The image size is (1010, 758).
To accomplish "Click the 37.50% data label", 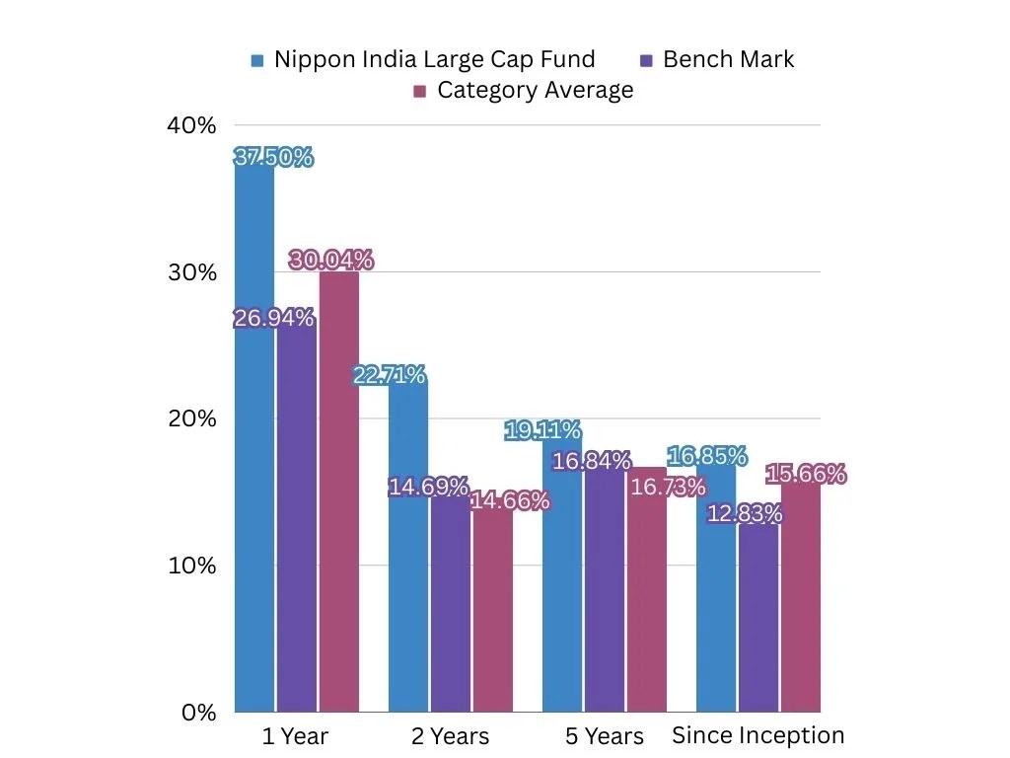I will tap(273, 157).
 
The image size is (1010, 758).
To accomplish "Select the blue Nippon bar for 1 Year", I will tap(254, 444).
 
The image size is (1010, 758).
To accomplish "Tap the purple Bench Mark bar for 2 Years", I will tap(450, 602).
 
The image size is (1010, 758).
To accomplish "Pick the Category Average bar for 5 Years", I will tap(646, 602).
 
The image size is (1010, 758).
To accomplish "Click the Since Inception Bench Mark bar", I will tap(758, 622).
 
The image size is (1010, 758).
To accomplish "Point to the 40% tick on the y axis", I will tap(190, 125).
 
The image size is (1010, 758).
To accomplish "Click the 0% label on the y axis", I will tap(198, 713).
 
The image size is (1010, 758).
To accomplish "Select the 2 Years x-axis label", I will tap(450, 736).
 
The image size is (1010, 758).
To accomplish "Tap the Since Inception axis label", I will tap(757, 735).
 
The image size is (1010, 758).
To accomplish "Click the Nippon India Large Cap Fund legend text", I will tap(434, 59).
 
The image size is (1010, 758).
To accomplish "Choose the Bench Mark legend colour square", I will tap(646, 60).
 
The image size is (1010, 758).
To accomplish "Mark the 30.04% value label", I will tap(331, 261).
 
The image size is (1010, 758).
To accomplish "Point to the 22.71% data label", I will tap(390, 375).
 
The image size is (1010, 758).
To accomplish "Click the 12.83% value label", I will tap(745, 513).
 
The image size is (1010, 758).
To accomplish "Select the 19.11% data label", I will tap(541, 430).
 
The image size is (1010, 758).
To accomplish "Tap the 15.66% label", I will tap(807, 475).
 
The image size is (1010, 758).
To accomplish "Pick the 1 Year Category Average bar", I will tap(338, 493).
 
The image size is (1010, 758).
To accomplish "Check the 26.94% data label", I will tap(273, 318).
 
